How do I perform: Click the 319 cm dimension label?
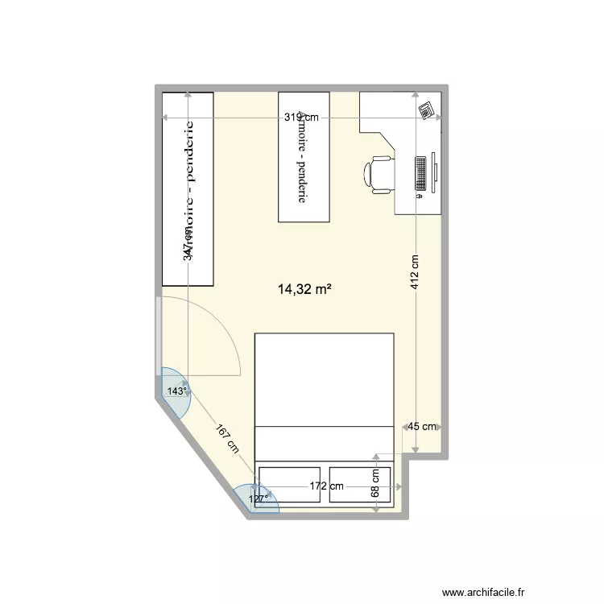pos(301,118)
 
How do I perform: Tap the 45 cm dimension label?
pos(422,427)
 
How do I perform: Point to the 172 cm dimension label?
pos(327,486)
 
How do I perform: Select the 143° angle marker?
pos(176,391)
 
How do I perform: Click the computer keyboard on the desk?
pos(420,173)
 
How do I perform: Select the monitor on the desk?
pos(435,173)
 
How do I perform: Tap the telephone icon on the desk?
pos(426,109)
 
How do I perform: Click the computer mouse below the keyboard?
pos(420,196)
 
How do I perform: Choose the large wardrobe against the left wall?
pos(188,188)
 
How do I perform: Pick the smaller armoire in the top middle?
pos(304,156)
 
